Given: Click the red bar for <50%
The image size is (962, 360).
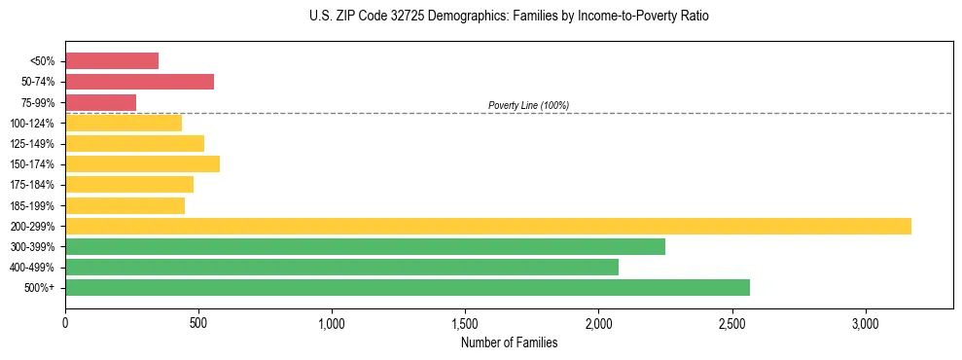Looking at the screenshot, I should [x=112, y=61].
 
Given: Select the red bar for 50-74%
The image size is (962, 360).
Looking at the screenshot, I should [x=139, y=82].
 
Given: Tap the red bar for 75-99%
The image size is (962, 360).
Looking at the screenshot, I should [x=100, y=102].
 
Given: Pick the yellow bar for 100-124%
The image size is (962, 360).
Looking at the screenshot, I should [x=124, y=123].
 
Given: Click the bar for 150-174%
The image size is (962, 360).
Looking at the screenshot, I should [x=142, y=163].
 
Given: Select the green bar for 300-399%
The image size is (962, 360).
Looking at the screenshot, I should [x=365, y=246].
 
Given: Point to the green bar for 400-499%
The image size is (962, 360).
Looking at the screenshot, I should [x=341, y=267].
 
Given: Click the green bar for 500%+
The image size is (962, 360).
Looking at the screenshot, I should [x=408, y=287].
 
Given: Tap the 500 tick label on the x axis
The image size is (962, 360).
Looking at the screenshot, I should [x=198, y=322].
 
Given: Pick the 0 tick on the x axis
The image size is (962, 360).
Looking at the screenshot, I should [x=65, y=322].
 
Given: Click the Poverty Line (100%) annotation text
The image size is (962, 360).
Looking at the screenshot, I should [x=528, y=105].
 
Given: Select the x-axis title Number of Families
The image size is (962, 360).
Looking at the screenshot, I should [x=509, y=342].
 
